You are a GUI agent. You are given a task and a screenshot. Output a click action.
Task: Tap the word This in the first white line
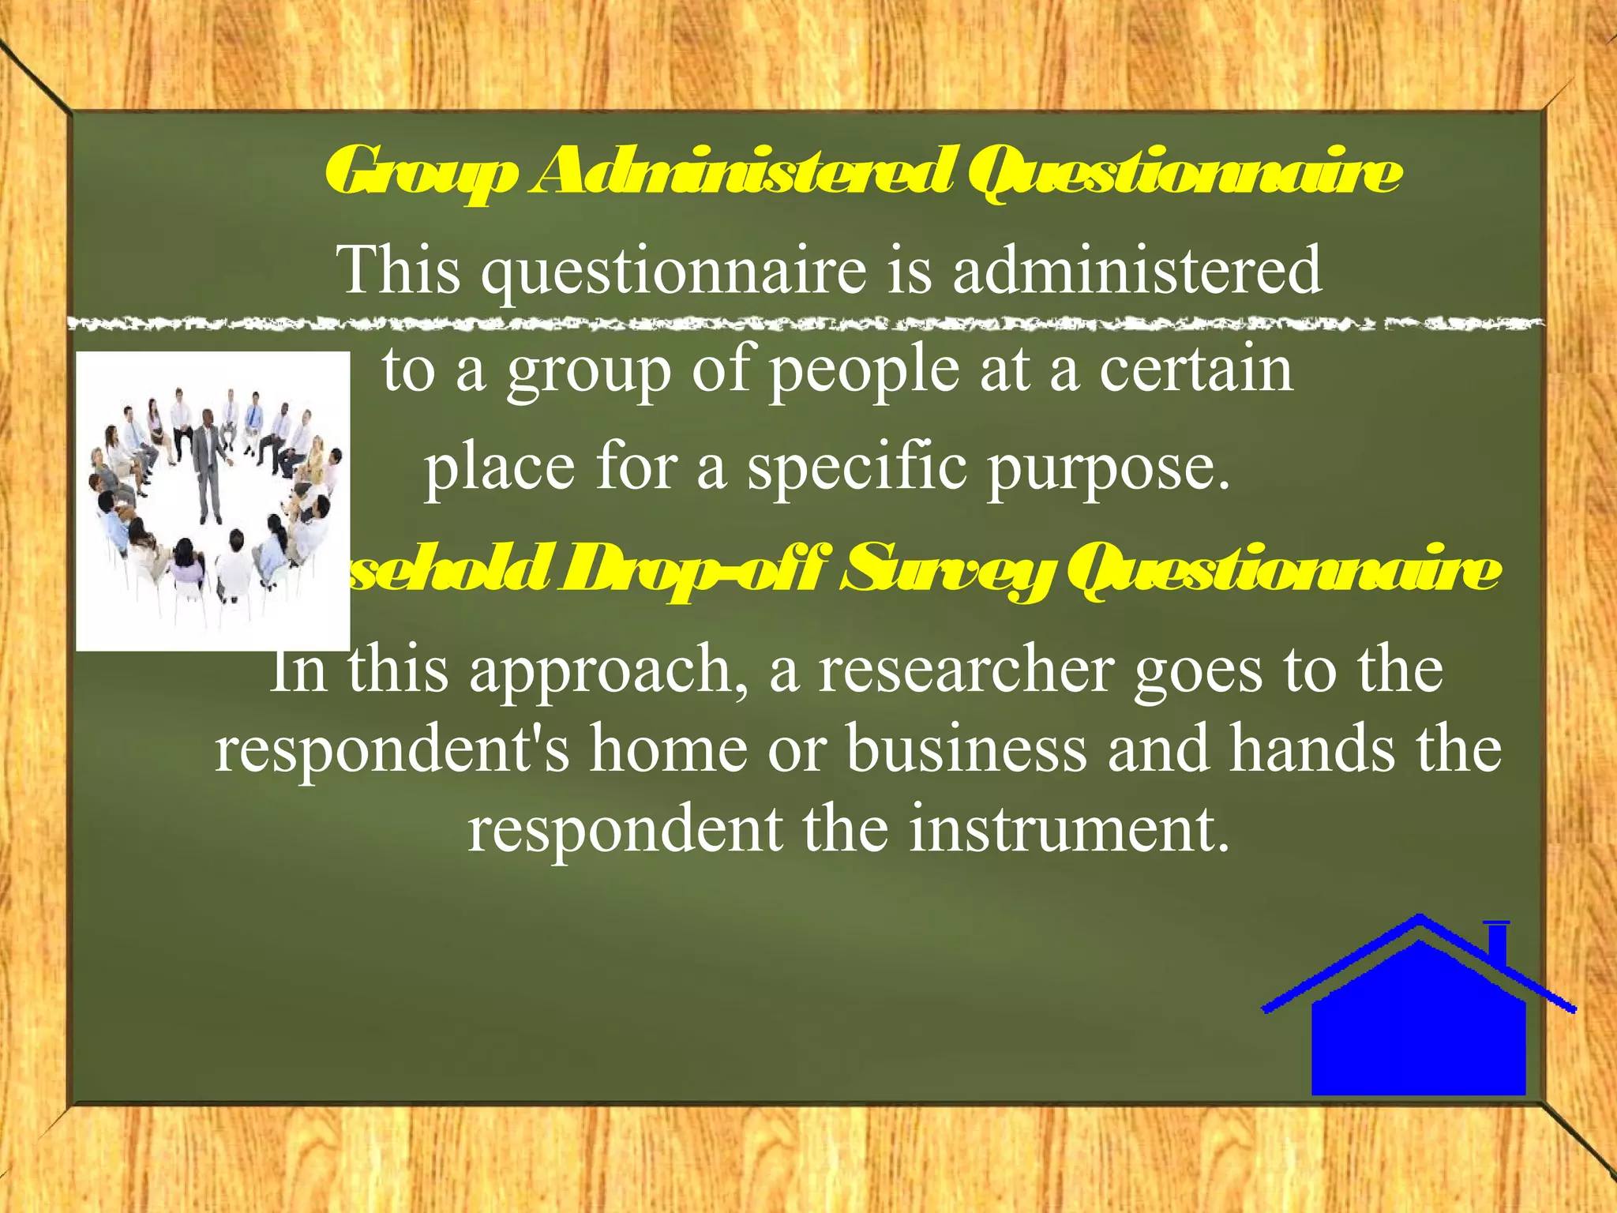coord(398,270)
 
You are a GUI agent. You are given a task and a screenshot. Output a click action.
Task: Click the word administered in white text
coord(1137,270)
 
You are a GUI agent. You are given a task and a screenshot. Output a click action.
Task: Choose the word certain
coord(1196,370)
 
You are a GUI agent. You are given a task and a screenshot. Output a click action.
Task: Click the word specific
coord(857,468)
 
